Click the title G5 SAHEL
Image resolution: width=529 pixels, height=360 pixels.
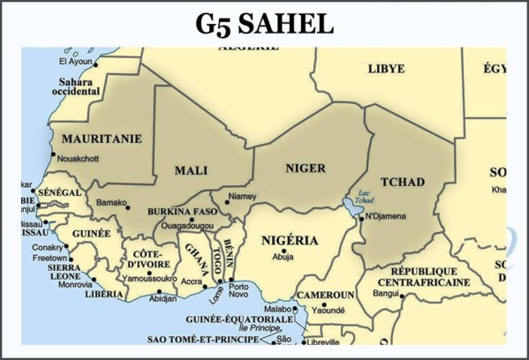tap(264, 23)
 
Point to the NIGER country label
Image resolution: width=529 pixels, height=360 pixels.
tap(306, 168)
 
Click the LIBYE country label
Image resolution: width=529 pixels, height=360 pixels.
tap(386, 68)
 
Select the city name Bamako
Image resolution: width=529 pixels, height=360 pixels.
tap(111, 203)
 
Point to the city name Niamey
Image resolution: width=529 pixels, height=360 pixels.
tap(242, 197)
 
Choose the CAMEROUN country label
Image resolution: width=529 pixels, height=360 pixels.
tap(325, 294)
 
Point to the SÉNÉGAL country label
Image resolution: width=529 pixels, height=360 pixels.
tap(61, 192)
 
